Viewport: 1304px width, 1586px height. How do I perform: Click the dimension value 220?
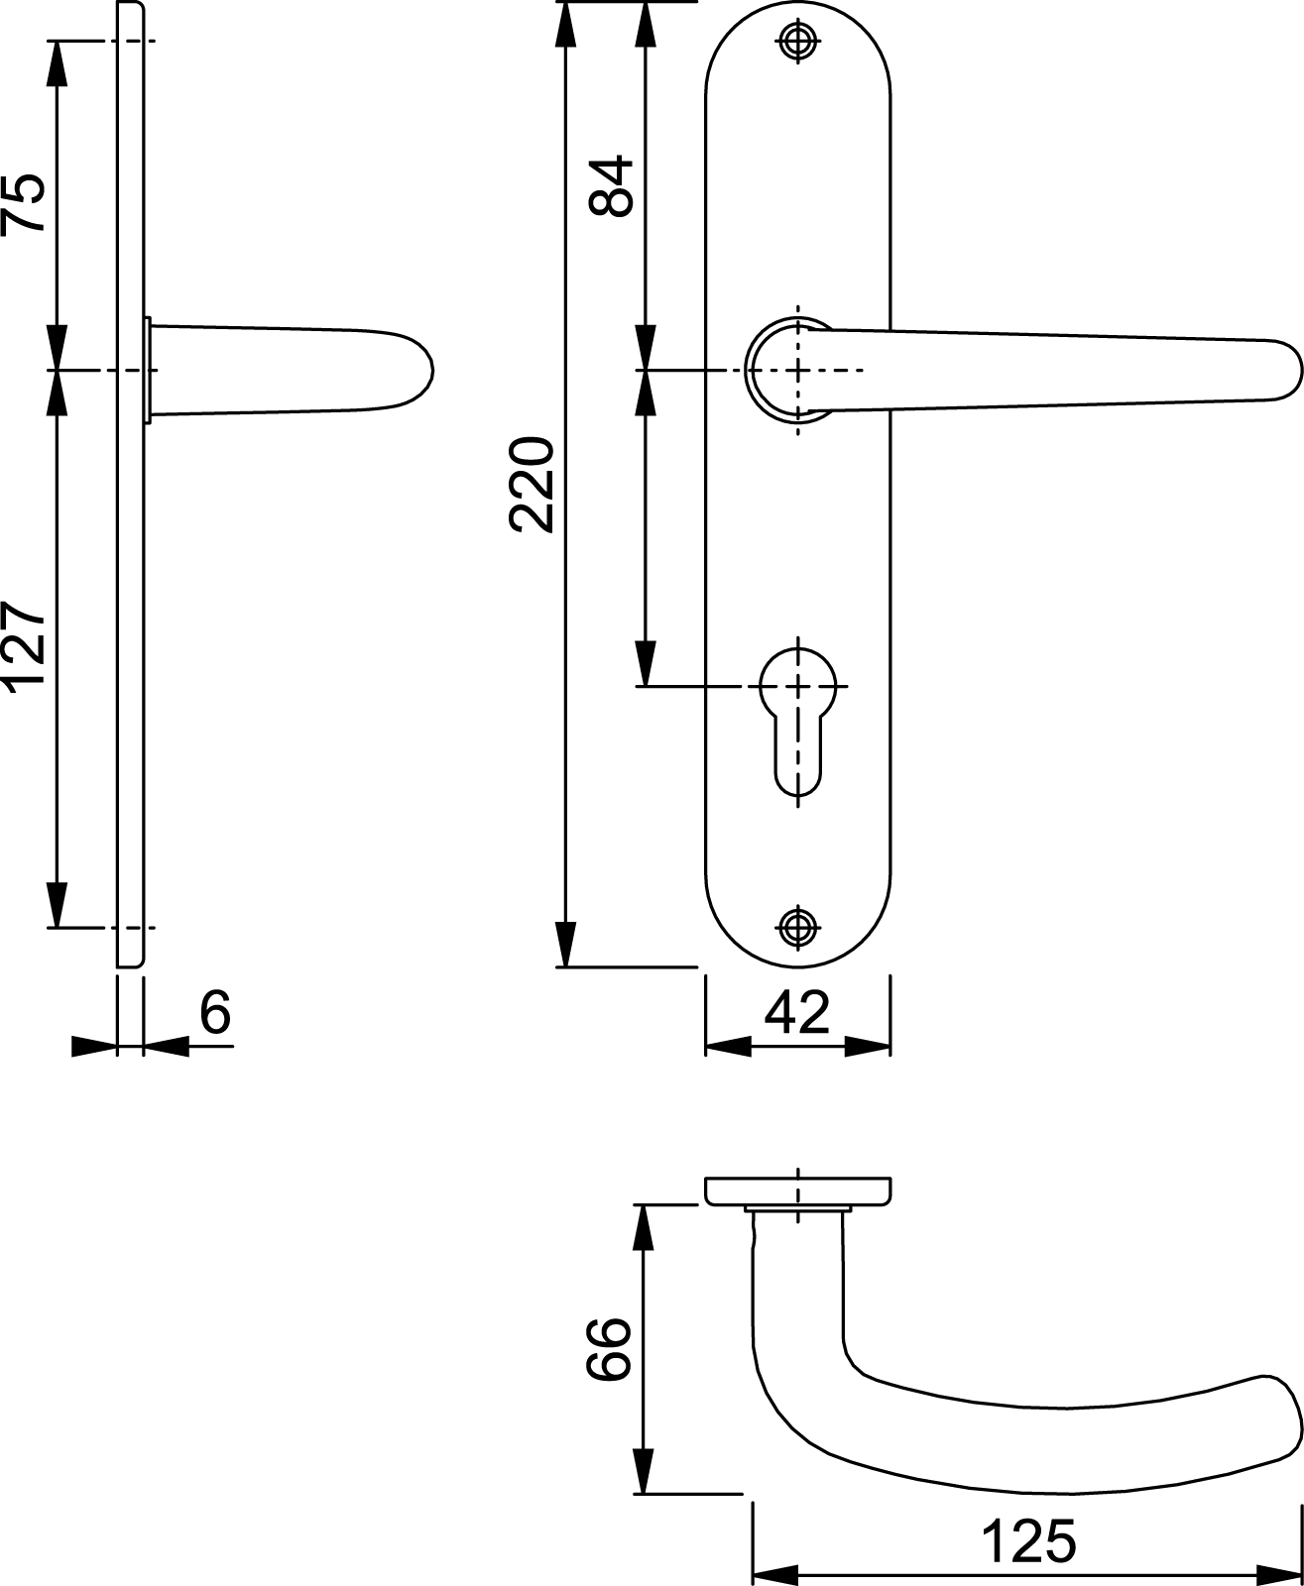532,485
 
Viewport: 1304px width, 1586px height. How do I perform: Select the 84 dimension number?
611,186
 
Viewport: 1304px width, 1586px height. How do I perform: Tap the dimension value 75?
24,204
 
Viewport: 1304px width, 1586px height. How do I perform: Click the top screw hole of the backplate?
797,41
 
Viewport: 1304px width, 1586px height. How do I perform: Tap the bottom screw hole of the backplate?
797,927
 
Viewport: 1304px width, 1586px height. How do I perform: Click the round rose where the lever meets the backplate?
753,370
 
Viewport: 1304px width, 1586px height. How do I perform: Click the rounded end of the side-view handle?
425,370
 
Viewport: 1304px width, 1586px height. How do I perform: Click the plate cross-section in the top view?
797,1190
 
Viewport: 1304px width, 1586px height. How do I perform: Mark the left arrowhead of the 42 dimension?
729,1046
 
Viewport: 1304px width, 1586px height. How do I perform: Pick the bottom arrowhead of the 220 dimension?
566,944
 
